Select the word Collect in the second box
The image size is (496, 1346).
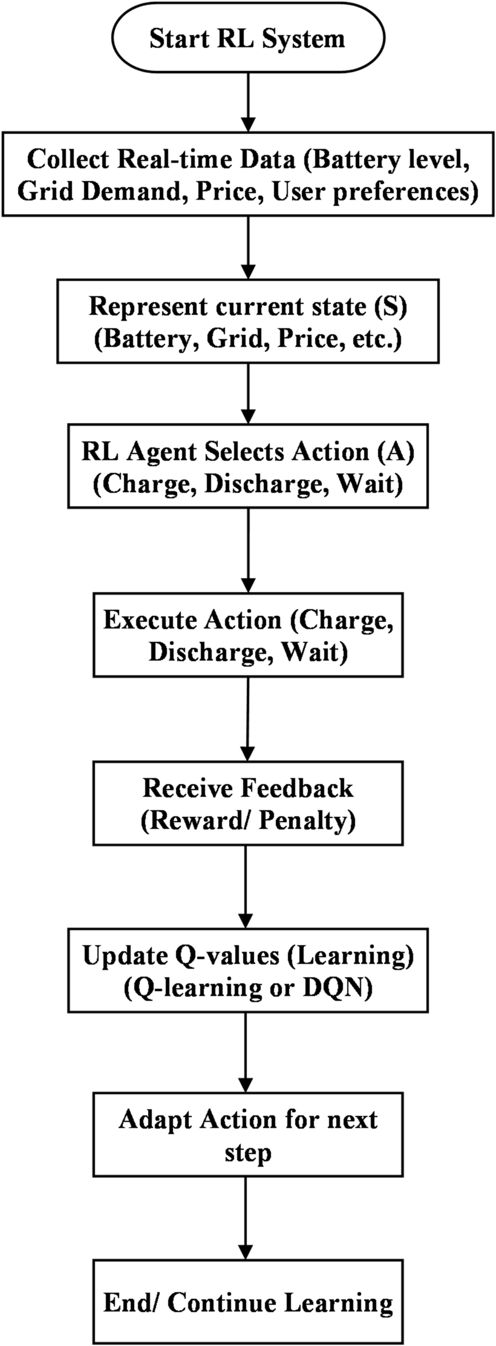(x=67, y=160)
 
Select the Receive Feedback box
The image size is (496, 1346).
(x=247, y=803)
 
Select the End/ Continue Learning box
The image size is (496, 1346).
(x=247, y=1302)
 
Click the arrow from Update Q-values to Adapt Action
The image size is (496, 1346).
(x=246, y=1052)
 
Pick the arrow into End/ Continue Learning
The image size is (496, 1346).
(x=246, y=1217)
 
